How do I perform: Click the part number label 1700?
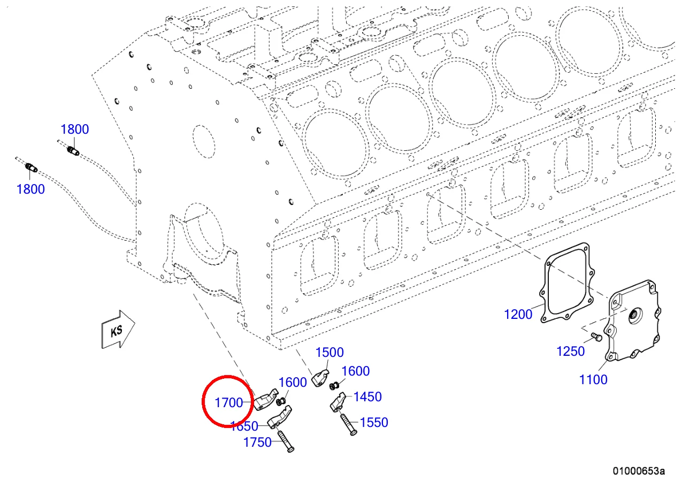tap(228, 402)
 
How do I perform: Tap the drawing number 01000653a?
tap(639, 471)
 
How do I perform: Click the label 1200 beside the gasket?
tap(518, 314)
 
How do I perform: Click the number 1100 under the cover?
tap(593, 379)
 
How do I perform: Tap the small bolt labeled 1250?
tap(597, 338)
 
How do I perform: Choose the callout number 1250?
tap(570, 351)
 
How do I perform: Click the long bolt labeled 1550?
tap(347, 423)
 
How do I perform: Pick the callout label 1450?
tap(367, 396)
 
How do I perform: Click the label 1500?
tap(329, 352)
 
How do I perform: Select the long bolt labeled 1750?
tap(285, 441)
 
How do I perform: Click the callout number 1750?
tap(257, 442)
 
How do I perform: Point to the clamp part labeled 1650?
tap(280, 418)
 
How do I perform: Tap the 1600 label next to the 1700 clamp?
tap(293, 382)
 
